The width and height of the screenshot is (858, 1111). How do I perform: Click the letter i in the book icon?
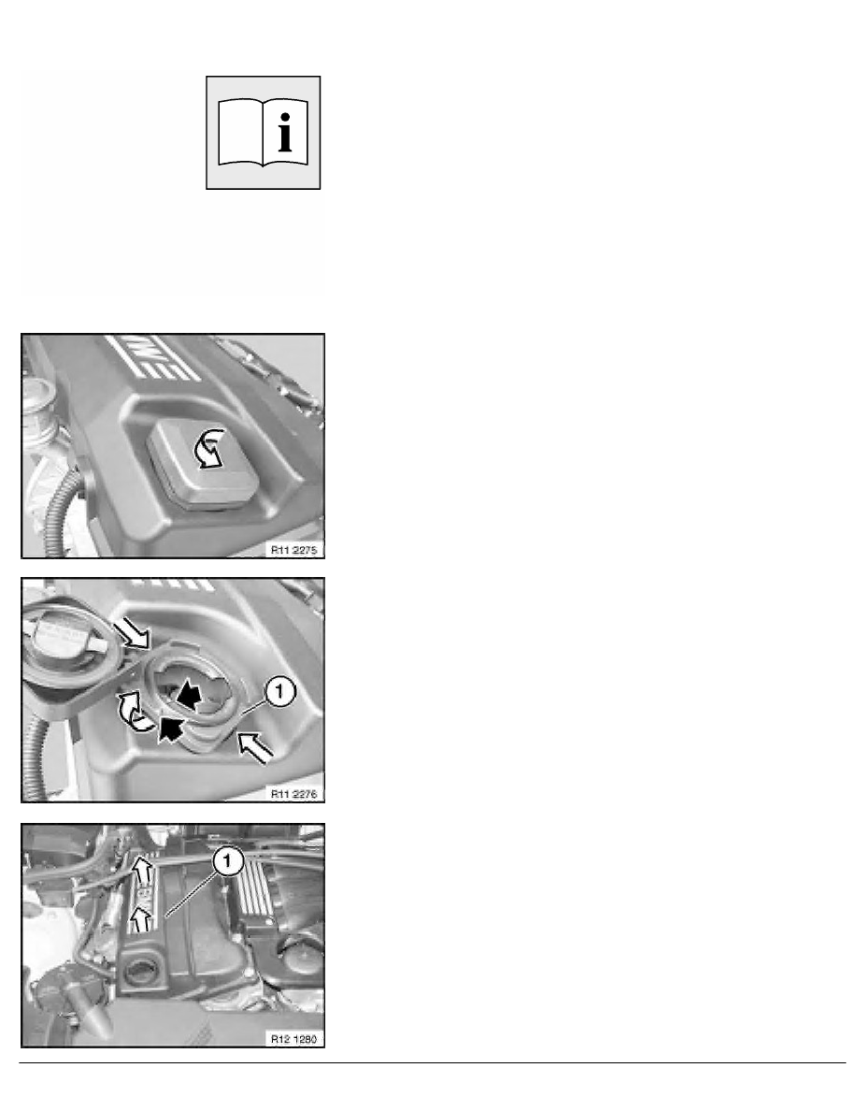(284, 133)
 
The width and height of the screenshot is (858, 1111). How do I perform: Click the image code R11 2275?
(293, 549)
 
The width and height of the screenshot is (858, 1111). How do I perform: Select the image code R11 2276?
(293, 794)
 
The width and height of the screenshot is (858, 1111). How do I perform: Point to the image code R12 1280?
(293, 1039)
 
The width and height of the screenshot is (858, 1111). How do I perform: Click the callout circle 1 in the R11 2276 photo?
(280, 691)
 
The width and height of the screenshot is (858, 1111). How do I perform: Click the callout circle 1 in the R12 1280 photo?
(228, 861)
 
